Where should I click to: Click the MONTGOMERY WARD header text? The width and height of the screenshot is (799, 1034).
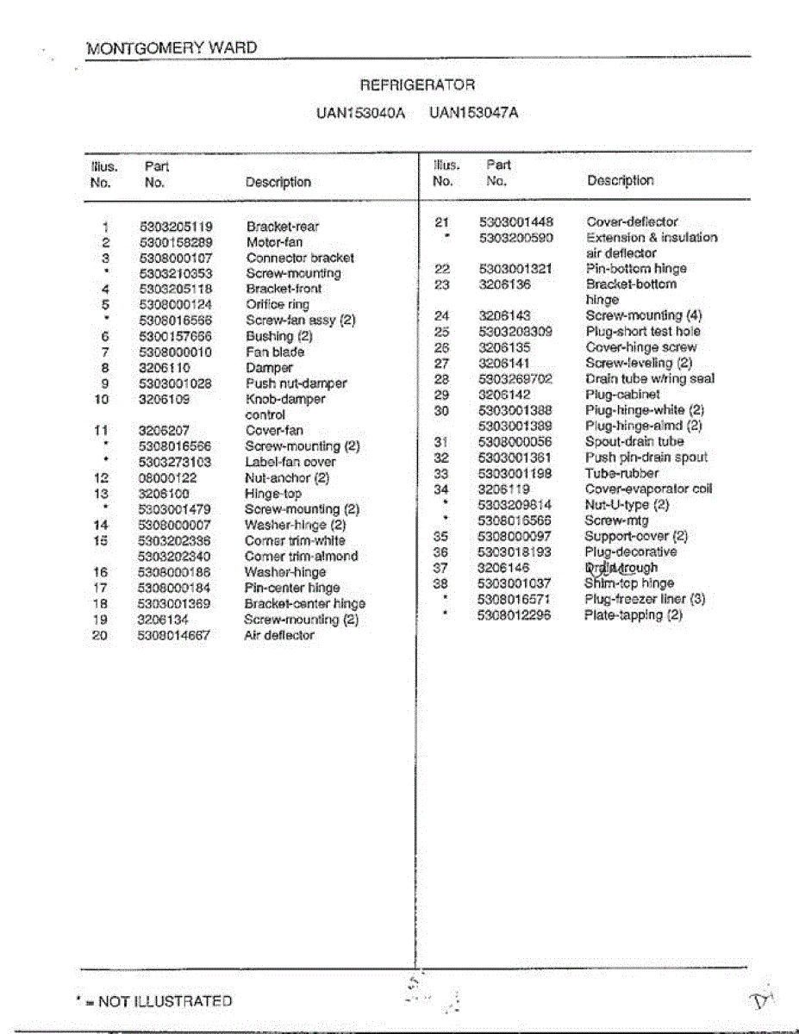tap(172, 47)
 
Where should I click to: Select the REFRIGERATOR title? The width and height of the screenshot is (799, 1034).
tap(416, 84)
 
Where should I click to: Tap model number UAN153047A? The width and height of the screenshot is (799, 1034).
tap(473, 112)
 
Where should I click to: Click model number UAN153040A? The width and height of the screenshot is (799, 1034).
tap(359, 112)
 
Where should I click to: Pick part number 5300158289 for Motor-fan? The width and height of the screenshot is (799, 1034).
tap(175, 242)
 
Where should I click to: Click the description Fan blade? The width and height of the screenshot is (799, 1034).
tap(275, 352)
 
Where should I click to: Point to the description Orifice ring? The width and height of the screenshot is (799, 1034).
tap(278, 304)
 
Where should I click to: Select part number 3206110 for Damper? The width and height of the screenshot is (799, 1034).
tap(164, 368)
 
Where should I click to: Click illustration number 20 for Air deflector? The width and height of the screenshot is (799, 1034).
tap(100, 636)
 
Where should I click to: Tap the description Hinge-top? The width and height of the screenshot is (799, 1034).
tap(273, 494)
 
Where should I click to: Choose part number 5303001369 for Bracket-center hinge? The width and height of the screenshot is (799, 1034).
tap(175, 604)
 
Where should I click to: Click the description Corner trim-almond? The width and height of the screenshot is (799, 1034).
tap(301, 557)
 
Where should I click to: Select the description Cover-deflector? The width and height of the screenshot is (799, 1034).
tap(632, 221)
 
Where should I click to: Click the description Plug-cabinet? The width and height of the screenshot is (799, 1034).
tap(622, 395)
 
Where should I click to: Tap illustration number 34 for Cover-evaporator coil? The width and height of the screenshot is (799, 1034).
tap(441, 489)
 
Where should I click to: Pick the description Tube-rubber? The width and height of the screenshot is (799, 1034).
tap(621, 473)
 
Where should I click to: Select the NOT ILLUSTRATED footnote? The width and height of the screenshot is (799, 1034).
tap(155, 1001)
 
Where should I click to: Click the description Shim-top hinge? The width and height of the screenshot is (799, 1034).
tap(629, 583)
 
